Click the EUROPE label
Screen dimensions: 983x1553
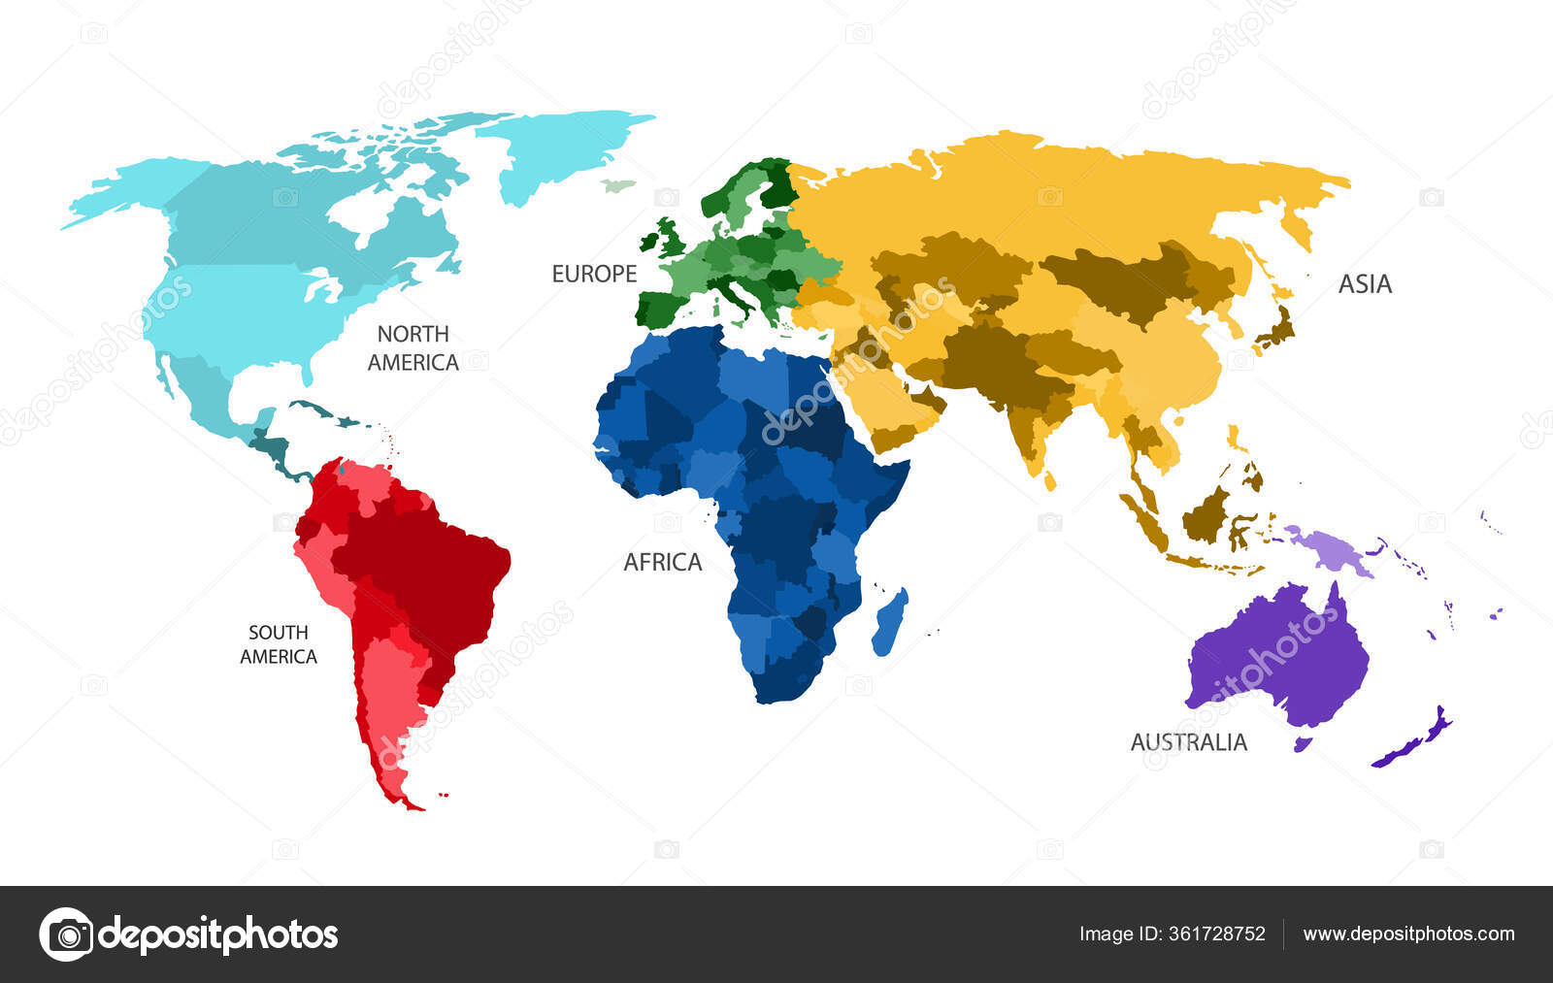pyautogui.click(x=594, y=275)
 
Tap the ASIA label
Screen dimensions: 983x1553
pyautogui.click(x=1365, y=284)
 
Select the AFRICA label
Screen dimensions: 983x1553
pyautogui.click(x=662, y=562)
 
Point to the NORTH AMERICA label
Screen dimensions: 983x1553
pyautogui.click(x=413, y=347)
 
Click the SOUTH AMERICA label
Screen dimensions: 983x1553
pyautogui.click(x=279, y=644)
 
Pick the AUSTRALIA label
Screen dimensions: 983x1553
pyautogui.click(x=1188, y=742)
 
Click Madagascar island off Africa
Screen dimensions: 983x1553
pyautogui.click(x=889, y=621)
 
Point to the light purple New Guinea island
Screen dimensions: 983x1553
pyautogui.click(x=1330, y=548)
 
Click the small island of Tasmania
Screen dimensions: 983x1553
pyautogui.click(x=1303, y=744)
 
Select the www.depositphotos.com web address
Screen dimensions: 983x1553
pyautogui.click(x=1408, y=934)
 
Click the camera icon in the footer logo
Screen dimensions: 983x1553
pyautogui.click(x=67, y=934)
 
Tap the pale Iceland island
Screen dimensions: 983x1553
pyautogui.click(x=616, y=185)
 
